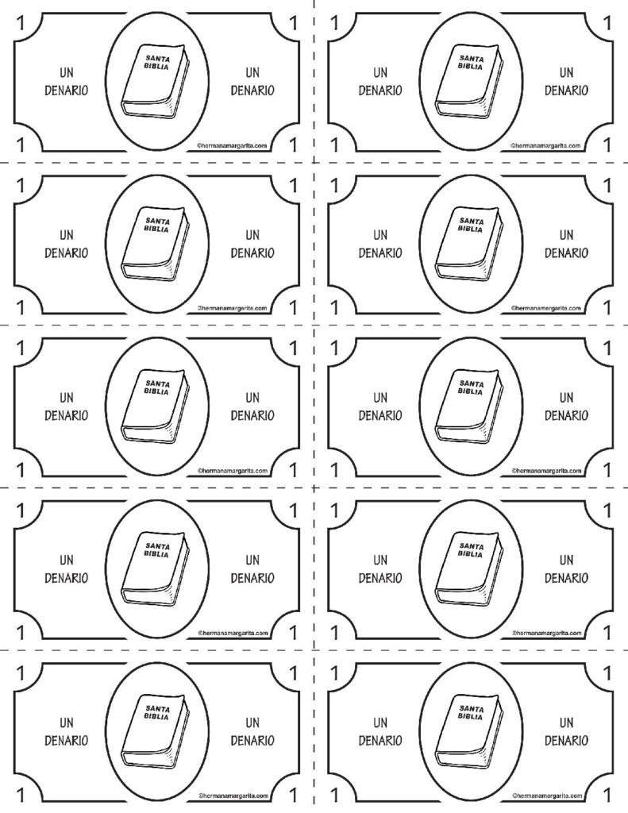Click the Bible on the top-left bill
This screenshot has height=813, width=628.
coord(155,82)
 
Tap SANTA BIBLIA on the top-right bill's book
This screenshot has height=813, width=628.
coord(471,63)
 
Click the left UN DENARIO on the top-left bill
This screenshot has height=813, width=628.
coord(67,82)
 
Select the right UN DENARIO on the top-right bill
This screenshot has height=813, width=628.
coord(566,82)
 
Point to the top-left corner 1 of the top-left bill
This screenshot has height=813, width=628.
coord(21,23)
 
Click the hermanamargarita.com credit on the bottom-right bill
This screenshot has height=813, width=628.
coord(547,796)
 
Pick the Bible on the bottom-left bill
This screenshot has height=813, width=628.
coord(155,731)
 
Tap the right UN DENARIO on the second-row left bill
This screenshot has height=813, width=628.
coord(252,245)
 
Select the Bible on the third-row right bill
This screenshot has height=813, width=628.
coord(468,406)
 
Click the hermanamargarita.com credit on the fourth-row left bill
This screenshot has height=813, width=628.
coord(233,633)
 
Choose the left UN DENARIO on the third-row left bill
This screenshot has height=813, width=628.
coord(67,406)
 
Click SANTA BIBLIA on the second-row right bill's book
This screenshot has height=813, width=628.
coord(471,225)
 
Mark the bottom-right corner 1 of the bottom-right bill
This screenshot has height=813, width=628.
coord(607,795)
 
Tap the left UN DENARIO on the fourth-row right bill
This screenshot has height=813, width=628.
coord(380,569)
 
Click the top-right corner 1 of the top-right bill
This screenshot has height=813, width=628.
coord(607,23)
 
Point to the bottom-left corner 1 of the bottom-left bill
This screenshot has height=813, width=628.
coord(21,795)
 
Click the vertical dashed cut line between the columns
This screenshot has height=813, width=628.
coord(314,406)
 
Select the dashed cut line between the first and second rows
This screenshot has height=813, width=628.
coord(314,163)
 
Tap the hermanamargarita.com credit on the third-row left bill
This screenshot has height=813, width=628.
coord(233,471)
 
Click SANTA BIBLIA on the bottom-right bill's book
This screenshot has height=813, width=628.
coord(471,712)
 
